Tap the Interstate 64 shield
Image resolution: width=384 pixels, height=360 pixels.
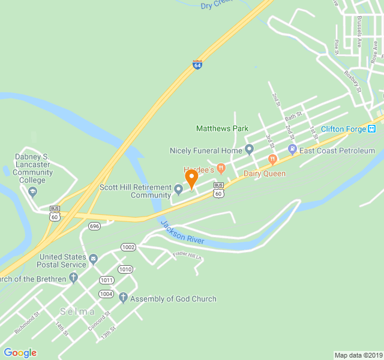pyautogui.click(x=197, y=65)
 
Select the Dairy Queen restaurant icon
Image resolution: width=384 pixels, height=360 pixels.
pyautogui.click(x=272, y=160)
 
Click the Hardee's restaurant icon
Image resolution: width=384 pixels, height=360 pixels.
pyautogui.click(x=221, y=167)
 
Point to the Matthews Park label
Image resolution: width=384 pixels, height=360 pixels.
pyautogui.click(x=222, y=128)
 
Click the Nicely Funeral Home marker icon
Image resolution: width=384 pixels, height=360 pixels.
pyautogui.click(x=249, y=149)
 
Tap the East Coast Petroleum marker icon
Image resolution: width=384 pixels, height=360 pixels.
pyautogui.click(x=292, y=149)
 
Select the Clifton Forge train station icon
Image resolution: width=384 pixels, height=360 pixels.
pyautogui.click(x=372, y=128)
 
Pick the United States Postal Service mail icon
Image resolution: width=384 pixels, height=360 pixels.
pyautogui.click(x=93, y=260)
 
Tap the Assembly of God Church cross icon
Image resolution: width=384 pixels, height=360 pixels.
pyautogui.click(x=123, y=298)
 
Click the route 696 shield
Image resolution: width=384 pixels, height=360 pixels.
pyautogui.click(x=94, y=226)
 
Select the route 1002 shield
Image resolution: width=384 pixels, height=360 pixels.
pyautogui.click(x=128, y=247)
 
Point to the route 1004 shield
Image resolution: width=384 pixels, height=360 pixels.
pyautogui.click(x=106, y=294)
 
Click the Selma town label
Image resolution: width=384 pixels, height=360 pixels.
pyautogui.click(x=77, y=311)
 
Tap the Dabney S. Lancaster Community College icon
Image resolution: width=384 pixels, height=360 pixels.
pyautogui.click(x=32, y=192)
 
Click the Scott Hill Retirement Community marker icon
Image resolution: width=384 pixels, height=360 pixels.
pyautogui.click(x=178, y=190)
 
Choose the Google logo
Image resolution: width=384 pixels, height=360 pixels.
pyautogui.click(x=20, y=353)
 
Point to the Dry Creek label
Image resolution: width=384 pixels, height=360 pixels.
pyautogui.click(x=215, y=5)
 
